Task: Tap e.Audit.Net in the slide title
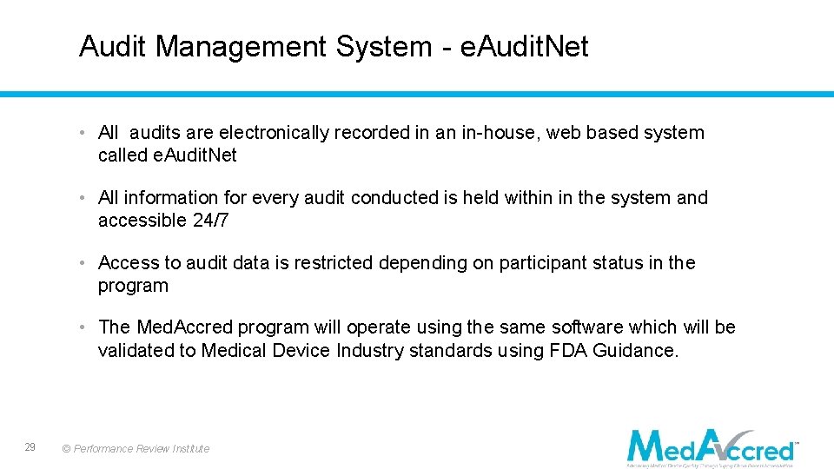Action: (x=524, y=46)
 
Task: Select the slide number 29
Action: (x=30, y=447)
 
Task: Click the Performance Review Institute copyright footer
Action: (x=136, y=449)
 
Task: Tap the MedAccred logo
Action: (x=712, y=446)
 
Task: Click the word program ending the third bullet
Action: (x=133, y=286)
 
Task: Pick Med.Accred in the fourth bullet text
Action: (x=184, y=327)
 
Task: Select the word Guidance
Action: (x=638, y=350)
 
